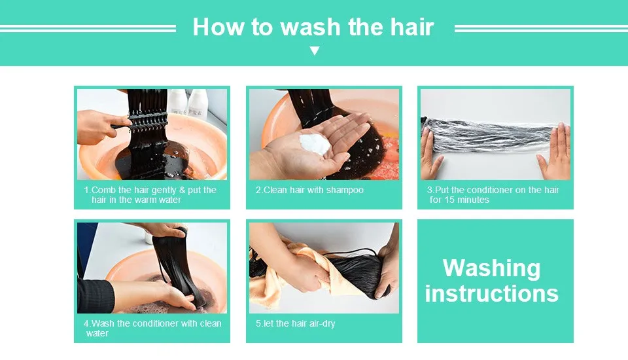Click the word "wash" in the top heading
tap(310, 27)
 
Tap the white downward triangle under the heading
tap(315, 51)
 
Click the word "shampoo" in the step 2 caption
tap(345, 190)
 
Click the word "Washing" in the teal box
tap(491, 268)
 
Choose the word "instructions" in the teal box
tap(491, 293)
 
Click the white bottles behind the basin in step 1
tap(188, 103)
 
